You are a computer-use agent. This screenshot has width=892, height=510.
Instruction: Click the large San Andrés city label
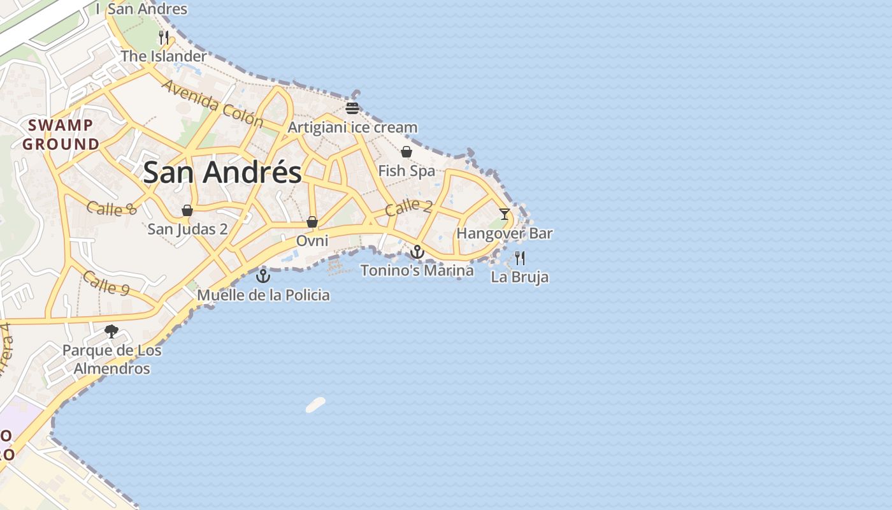pos(222,172)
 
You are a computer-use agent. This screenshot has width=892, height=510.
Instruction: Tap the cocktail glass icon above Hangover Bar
pos(505,214)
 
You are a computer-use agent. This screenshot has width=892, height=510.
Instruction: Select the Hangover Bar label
pos(505,233)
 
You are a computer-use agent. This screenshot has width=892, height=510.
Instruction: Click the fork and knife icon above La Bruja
pos(520,258)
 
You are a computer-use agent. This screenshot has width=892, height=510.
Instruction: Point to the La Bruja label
pos(520,277)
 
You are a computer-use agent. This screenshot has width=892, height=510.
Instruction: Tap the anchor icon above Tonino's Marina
pos(417,252)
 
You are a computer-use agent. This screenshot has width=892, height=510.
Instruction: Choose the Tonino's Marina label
pos(417,270)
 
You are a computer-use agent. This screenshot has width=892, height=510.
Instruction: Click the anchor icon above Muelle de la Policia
pos(263,276)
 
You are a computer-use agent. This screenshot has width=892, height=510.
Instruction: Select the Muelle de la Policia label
pos(263,295)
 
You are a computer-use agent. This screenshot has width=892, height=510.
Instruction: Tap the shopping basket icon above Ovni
pos(312,222)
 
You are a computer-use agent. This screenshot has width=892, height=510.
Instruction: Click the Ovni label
pos(312,241)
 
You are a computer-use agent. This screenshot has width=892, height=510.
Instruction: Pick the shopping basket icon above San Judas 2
pos(187,210)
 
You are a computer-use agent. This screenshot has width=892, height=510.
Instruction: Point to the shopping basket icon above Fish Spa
pos(406,152)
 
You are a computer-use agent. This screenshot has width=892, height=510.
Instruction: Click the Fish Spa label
pos(406,171)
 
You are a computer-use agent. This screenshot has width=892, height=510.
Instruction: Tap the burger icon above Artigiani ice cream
pos(352,108)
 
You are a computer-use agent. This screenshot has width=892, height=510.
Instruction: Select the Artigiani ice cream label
pos(352,127)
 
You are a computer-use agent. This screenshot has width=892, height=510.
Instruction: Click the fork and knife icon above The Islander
pos(164,37)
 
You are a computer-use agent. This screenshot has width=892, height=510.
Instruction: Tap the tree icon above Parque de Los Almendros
pos(111,331)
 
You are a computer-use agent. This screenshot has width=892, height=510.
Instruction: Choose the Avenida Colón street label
pos(212,103)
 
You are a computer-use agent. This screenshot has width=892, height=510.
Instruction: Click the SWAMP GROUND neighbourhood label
pos(61,135)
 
